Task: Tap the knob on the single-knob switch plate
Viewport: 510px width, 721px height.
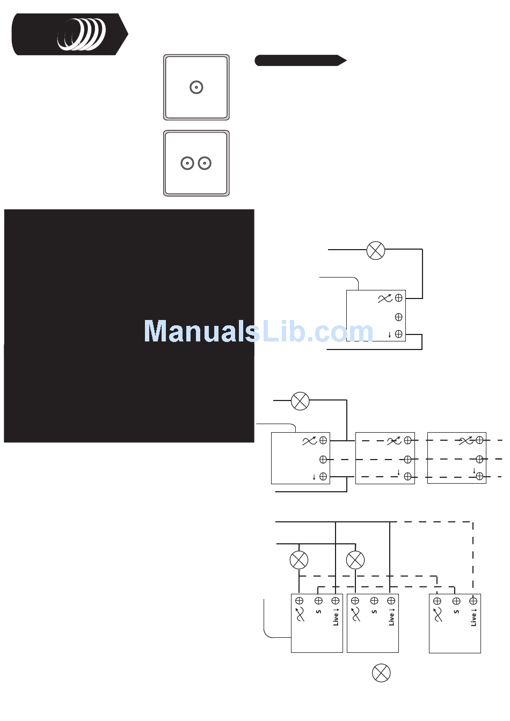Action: (x=196, y=88)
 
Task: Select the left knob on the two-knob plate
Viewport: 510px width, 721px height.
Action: (x=187, y=163)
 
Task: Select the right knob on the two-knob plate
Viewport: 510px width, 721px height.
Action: (x=205, y=163)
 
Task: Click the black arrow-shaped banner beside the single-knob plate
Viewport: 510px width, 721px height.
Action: (x=300, y=61)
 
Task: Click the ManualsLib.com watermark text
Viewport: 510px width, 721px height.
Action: (x=258, y=331)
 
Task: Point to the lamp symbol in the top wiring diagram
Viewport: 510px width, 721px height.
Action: (x=376, y=250)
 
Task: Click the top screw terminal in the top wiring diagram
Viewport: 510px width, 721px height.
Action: (x=399, y=297)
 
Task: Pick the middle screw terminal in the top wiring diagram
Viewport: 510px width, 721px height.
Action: (x=399, y=317)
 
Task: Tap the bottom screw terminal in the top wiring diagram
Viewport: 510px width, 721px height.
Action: (x=399, y=334)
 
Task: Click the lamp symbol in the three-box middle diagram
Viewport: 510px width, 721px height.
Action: (x=300, y=401)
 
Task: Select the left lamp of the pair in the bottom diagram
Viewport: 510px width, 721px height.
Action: (x=299, y=560)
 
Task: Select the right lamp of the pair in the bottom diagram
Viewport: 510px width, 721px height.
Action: (x=355, y=560)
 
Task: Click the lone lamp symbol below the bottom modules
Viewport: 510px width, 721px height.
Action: (x=381, y=673)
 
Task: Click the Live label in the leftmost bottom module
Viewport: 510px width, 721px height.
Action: (x=336, y=617)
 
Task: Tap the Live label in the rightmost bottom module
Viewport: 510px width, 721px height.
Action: (x=473, y=617)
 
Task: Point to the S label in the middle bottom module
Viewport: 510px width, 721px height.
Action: (x=374, y=611)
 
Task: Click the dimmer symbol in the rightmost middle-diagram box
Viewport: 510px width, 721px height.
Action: (x=465, y=441)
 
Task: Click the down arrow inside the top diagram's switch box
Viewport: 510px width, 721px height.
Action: (x=390, y=335)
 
